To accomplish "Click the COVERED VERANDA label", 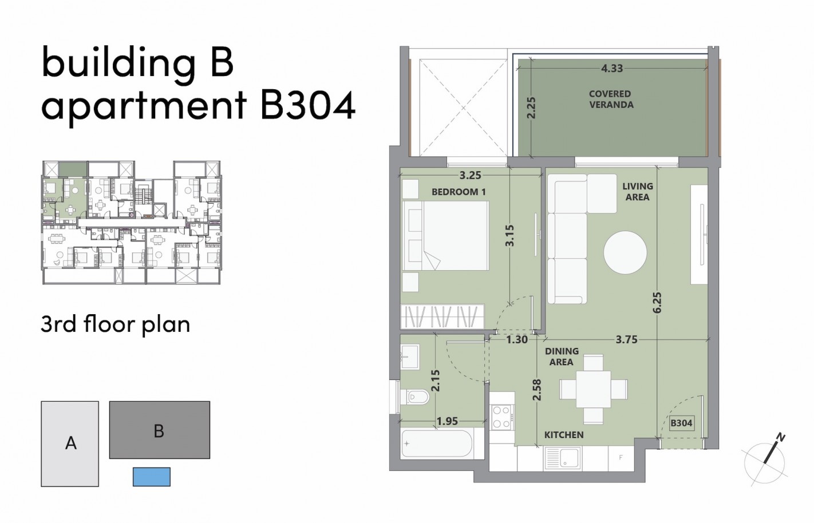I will pos(611,99).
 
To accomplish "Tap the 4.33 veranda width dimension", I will pos(611,68).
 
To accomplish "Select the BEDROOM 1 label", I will pos(458,192).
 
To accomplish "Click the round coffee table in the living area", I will pos(625,252).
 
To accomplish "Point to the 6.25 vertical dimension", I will pos(657,302).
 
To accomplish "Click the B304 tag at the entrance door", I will pos(681,423).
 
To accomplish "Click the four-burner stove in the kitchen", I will pos(501,417).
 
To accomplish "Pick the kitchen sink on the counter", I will pos(563,457).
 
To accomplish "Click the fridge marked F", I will pos(621,458).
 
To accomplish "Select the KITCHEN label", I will pos(564,435).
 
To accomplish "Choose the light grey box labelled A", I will pos(70,443).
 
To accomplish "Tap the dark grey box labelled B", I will pos(159,430).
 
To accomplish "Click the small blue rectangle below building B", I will pos(152,477).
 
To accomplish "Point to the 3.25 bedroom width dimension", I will pos(470,175).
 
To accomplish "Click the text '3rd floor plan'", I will pos(116,324).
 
